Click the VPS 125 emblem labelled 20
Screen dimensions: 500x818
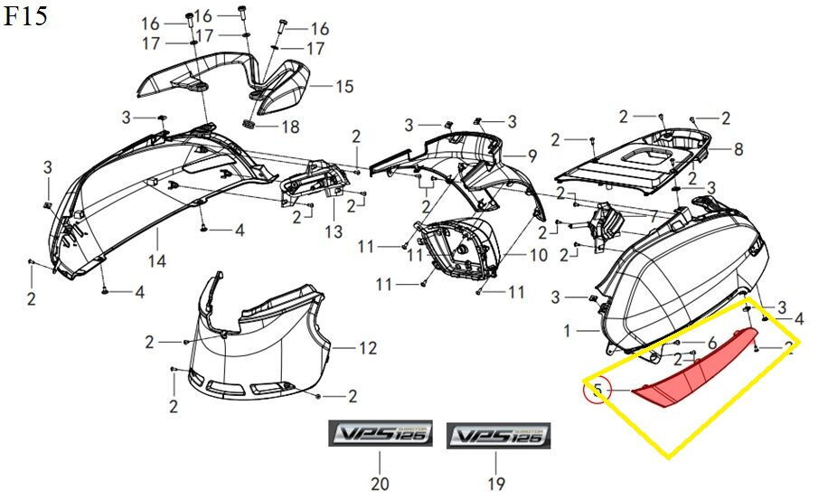click(380, 436)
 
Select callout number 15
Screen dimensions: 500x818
click(344, 87)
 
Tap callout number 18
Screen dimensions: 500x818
click(289, 127)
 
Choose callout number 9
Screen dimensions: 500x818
click(532, 155)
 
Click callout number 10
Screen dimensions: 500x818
click(538, 256)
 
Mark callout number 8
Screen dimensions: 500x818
click(738, 148)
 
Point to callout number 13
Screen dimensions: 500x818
click(334, 231)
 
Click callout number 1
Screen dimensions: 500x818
click(568, 332)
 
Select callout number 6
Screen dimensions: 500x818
click(711, 343)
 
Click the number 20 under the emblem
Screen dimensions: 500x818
click(380, 484)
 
